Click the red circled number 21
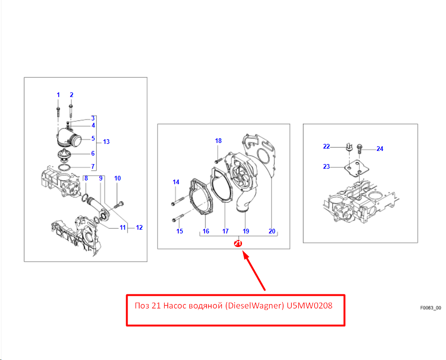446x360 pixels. coord(238,244)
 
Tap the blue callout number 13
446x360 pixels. coord(106,142)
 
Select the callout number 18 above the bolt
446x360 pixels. coord(218,141)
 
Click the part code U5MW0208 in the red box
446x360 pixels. coord(310,306)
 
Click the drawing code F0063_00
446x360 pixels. coord(431,308)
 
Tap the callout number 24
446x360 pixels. coord(380,149)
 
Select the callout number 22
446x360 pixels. coord(326,146)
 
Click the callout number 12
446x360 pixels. coord(139,227)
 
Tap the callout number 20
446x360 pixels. coord(272,231)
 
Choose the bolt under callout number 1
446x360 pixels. coord(58,112)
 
